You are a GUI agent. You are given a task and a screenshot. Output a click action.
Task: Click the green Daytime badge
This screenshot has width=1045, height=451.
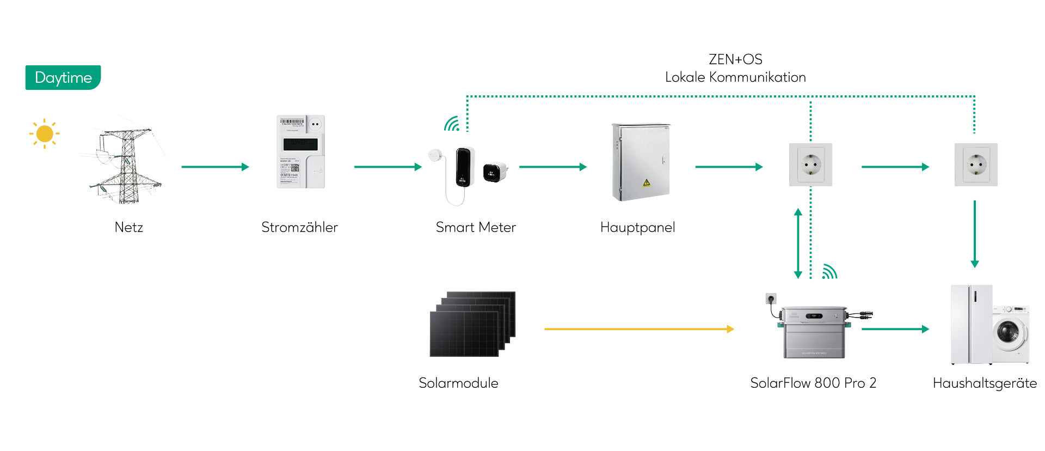(x=63, y=78)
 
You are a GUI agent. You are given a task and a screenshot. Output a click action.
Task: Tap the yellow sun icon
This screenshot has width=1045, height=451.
(x=45, y=133)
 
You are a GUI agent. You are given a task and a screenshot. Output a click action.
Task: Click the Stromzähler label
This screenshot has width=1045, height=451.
(x=299, y=227)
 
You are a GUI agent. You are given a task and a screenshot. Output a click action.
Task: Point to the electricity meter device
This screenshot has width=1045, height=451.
(x=300, y=151)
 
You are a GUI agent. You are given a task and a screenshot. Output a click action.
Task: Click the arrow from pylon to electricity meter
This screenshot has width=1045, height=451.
(x=215, y=167)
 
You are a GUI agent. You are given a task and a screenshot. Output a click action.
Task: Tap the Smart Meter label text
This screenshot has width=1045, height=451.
(x=476, y=227)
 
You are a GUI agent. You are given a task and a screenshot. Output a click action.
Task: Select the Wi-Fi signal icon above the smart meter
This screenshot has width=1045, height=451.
(x=452, y=124)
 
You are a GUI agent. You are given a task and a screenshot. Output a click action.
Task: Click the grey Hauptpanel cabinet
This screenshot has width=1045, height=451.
(x=641, y=162)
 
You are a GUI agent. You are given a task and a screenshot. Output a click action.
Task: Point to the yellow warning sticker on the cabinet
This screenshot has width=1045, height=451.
(x=647, y=182)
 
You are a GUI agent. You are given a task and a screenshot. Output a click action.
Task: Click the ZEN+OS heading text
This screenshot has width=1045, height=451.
(x=735, y=59)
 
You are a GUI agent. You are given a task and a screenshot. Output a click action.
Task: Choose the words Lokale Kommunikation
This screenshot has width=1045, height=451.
(x=735, y=77)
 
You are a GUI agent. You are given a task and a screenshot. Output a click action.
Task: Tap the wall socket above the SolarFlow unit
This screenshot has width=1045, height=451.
(x=810, y=164)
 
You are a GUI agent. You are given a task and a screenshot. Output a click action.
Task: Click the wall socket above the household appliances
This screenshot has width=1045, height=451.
(x=976, y=164)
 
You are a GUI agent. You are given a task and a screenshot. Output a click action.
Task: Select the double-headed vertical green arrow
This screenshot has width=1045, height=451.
(x=798, y=243)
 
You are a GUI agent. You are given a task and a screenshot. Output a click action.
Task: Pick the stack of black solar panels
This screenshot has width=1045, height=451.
(x=472, y=324)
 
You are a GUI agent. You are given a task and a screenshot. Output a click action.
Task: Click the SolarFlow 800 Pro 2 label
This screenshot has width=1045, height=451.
(x=813, y=383)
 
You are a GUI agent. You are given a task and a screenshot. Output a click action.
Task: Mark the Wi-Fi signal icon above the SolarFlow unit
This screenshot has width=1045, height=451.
(x=829, y=271)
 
